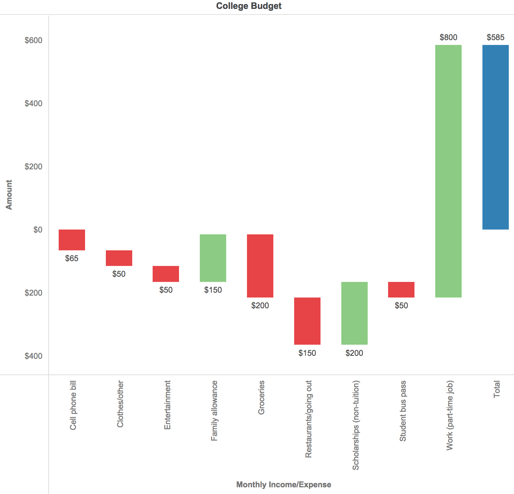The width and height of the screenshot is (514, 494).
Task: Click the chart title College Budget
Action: [249, 6]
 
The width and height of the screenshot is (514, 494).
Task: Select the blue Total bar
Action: [495, 137]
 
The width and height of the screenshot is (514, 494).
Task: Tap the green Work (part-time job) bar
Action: [448, 171]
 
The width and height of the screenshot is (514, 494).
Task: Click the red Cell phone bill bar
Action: [72, 240]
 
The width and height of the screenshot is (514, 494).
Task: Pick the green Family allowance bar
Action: [213, 258]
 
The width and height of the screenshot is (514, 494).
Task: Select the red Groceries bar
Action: [260, 266]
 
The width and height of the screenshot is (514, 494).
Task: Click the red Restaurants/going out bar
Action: [307, 321]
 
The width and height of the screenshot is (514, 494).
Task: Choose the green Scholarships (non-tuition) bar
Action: [354, 313]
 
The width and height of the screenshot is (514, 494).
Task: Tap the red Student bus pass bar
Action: [401, 289]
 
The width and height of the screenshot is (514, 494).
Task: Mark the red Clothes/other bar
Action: [119, 258]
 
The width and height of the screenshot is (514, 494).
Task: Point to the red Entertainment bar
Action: [166, 274]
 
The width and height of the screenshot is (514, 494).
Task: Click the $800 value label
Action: [448, 37]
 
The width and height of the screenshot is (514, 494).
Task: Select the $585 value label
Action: [495, 37]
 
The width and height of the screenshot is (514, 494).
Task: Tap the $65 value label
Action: [72, 259]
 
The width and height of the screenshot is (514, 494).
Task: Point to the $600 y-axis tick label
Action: [33, 40]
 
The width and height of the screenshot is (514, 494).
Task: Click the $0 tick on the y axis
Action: [38, 230]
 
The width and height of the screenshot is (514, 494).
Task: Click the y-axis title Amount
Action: [9, 195]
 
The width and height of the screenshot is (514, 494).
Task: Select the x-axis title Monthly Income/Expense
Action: [284, 485]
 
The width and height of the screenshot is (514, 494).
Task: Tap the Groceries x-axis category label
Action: [261, 397]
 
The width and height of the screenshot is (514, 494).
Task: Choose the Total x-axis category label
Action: [497, 389]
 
